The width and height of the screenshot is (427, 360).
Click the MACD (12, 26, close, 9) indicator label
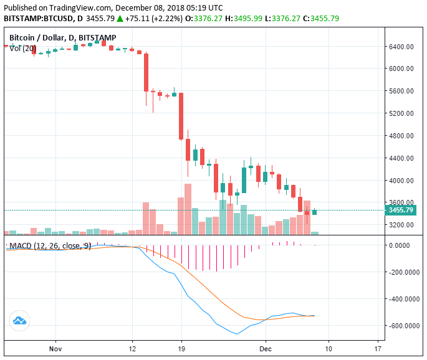click(50, 246)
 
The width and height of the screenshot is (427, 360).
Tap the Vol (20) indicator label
click(23, 49)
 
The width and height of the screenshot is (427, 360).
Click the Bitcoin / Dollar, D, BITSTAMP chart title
click(60, 38)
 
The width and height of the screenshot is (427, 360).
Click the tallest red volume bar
click(188, 209)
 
